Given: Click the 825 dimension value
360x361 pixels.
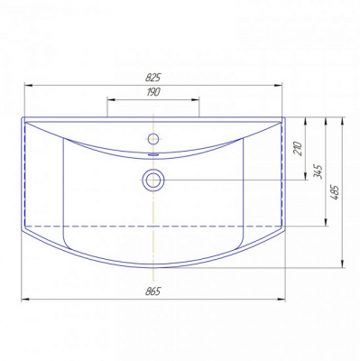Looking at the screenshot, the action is [x=153, y=78].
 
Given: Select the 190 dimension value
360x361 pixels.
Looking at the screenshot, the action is [x=153, y=92].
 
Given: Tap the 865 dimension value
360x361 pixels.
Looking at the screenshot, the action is [x=153, y=291].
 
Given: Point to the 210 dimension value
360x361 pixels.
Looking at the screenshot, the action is [x=298, y=148].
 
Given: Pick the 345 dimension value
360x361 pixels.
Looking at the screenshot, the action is [x=318, y=171].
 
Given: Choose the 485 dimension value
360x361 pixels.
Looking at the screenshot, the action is [x=335, y=193].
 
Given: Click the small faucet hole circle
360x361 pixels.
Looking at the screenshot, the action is [x=153, y=138].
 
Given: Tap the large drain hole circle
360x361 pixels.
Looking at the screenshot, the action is [x=153, y=180].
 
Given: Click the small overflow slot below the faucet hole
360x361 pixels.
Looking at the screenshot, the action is [x=153, y=154].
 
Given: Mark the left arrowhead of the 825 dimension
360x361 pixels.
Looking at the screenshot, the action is [x=28, y=86].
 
